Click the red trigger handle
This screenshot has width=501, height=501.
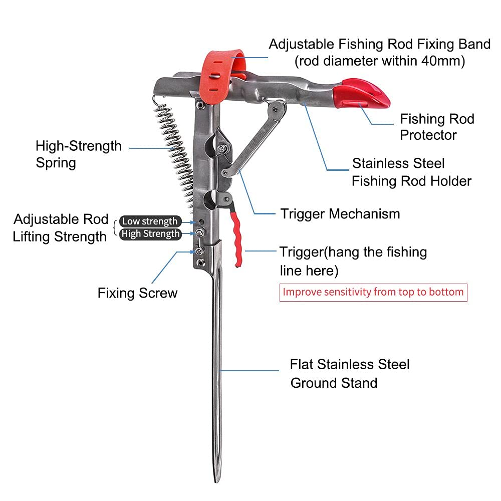[236, 235]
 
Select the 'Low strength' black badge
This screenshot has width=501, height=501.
[150, 221]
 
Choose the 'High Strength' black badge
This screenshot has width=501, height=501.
[150, 234]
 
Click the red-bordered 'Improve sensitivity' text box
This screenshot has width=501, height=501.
[373, 292]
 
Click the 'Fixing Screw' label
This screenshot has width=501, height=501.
[137, 293]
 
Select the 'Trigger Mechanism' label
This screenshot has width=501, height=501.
[340, 214]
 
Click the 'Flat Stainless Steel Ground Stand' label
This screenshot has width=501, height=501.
[350, 374]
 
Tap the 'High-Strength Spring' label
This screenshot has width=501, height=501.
[78, 154]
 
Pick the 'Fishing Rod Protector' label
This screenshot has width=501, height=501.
[437, 127]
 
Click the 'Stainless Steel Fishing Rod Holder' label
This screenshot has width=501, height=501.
[412, 172]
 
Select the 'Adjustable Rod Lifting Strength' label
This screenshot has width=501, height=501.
[61, 228]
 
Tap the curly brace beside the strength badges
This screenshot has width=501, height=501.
[115, 228]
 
